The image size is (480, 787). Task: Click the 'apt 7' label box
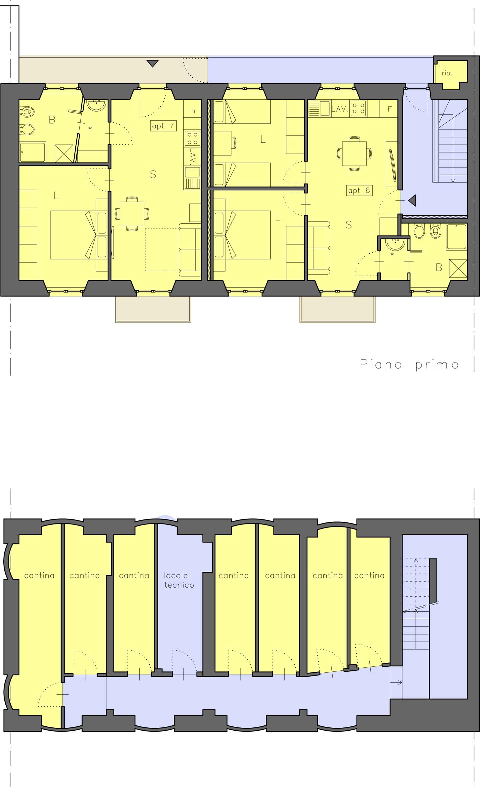tap(163, 126)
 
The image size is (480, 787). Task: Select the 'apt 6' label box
tap(359, 190)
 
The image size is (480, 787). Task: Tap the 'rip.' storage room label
tap(447, 73)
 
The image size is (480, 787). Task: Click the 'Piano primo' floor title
tap(410, 364)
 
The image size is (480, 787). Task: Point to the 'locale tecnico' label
tap(179, 580)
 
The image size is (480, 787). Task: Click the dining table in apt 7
tap(132, 214)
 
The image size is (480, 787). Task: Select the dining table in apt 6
tap(355, 154)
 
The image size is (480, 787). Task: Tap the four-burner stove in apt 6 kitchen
tap(359, 108)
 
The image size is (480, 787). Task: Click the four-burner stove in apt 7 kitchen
tap(192, 139)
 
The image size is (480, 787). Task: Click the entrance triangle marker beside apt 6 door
tap(412, 200)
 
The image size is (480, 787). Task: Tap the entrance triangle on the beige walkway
tap(152, 63)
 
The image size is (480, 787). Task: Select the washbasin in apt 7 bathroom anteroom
tap(97, 105)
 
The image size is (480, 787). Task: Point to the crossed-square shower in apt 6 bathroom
tap(458, 268)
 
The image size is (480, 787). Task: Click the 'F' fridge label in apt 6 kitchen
tap(390, 109)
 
